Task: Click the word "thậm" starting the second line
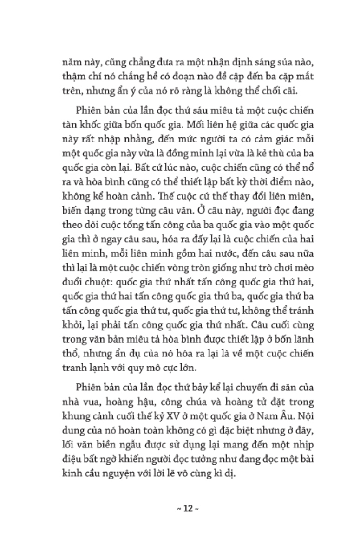point(73,76)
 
